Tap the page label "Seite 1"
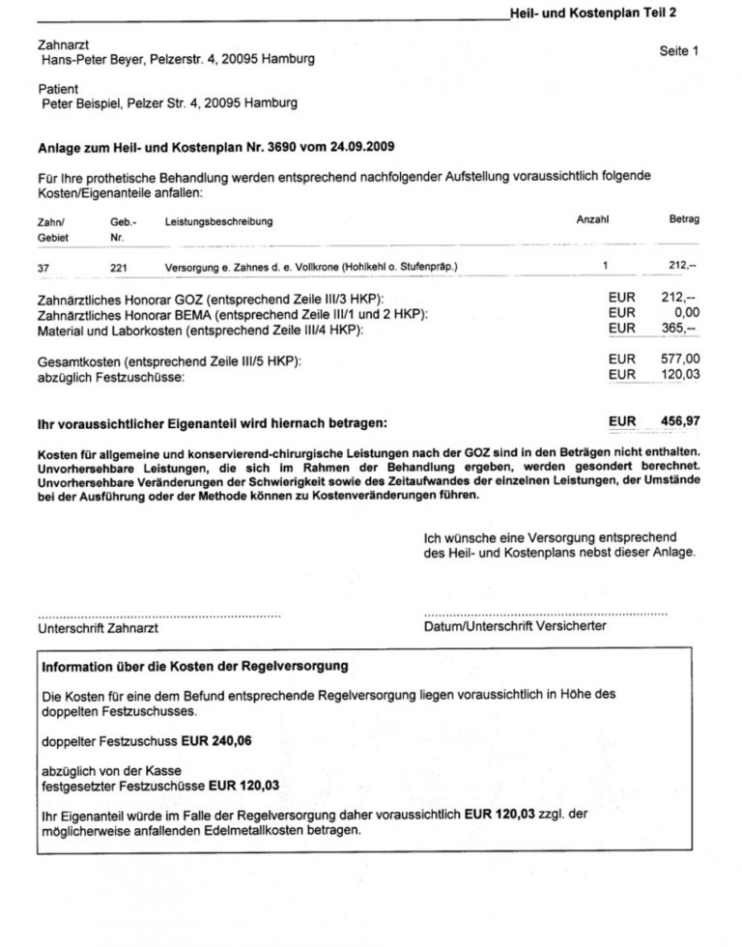click(x=678, y=51)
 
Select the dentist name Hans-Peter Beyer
click(x=96, y=60)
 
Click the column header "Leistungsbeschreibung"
click(x=218, y=221)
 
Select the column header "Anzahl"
click(x=592, y=220)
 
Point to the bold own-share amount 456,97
click(x=676, y=422)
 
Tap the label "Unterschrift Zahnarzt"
click(x=99, y=627)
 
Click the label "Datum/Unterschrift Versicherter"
click(x=515, y=626)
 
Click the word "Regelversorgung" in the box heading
click(x=296, y=667)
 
